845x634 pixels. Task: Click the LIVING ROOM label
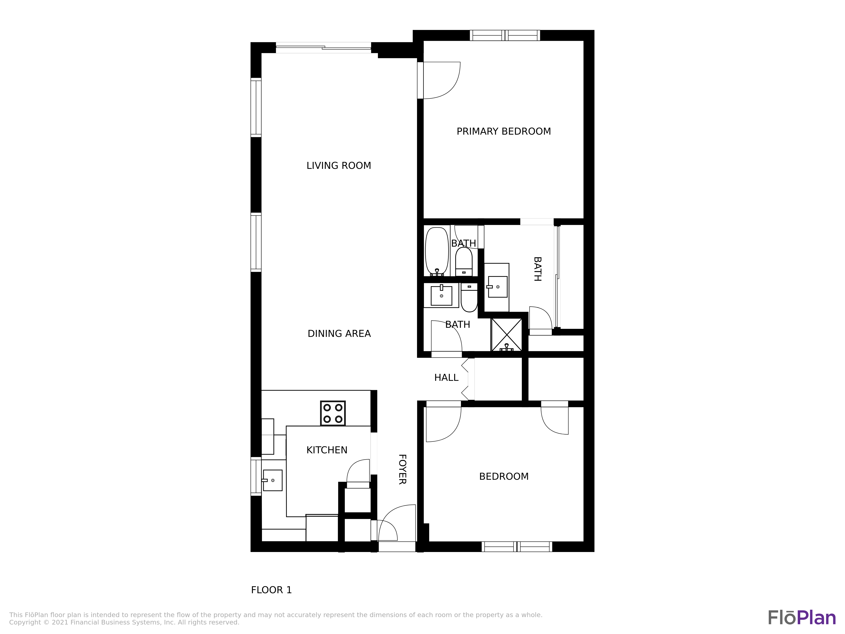(338, 165)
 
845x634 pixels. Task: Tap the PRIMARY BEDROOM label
(503, 131)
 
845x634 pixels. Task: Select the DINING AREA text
(339, 334)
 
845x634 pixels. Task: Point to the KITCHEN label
(327, 450)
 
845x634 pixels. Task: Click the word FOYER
(402, 469)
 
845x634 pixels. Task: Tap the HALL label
(446, 378)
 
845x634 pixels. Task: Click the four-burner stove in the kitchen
(333, 413)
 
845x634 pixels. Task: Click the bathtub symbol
(437, 251)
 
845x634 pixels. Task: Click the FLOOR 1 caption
(271, 590)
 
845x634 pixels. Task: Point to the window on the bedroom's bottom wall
(517, 547)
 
